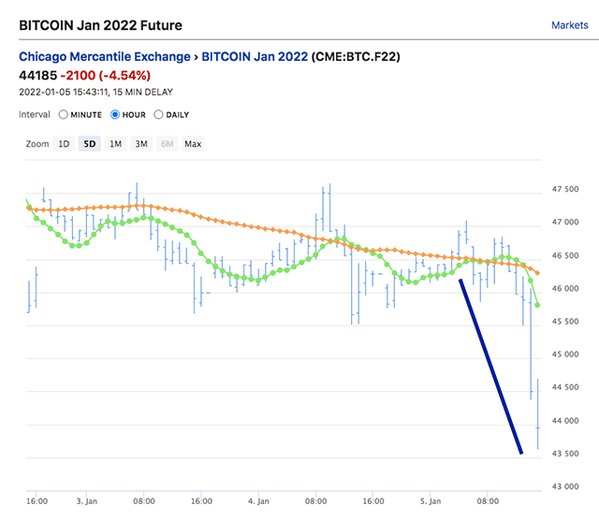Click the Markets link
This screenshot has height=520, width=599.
point(569,25)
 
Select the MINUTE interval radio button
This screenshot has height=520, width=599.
point(64,115)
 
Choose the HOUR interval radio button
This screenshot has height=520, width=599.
point(115,115)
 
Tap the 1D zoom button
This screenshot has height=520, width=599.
point(64,144)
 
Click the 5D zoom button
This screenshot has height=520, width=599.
point(90,144)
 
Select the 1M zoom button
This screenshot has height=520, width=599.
point(115,144)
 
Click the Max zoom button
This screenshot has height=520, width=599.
point(193,144)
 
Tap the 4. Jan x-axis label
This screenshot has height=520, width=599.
point(259,501)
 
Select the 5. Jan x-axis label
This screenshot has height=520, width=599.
point(431,501)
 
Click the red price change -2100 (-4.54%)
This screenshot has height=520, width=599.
point(104,75)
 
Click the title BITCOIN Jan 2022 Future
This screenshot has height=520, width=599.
point(101,25)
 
